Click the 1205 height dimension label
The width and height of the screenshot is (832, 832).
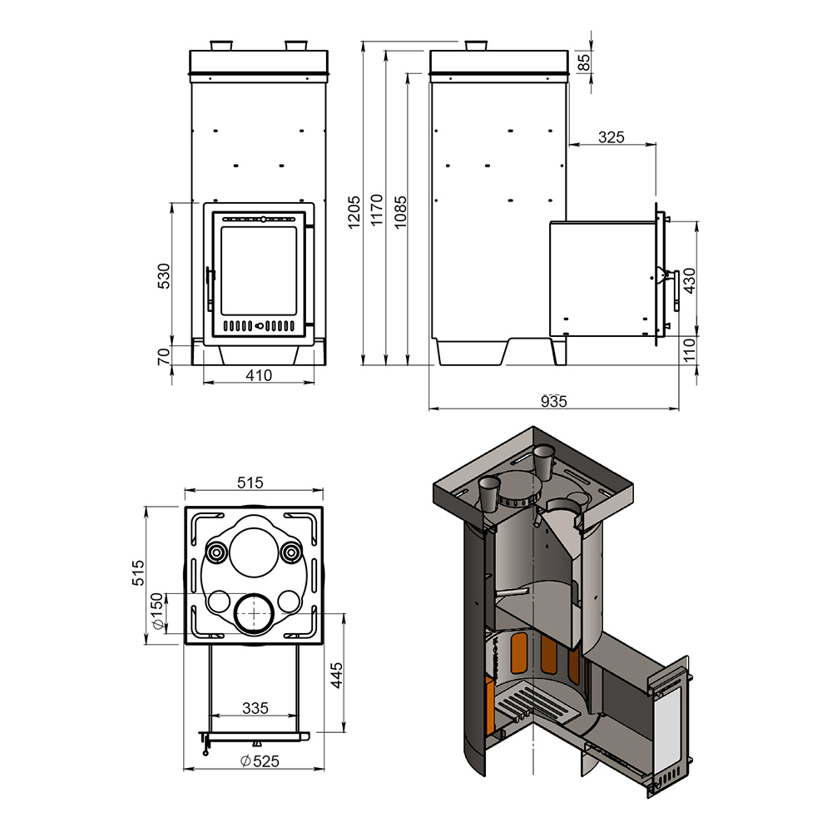pos(354,211)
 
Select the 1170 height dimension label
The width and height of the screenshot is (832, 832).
pos(377,210)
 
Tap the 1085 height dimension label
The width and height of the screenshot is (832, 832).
pos(401,211)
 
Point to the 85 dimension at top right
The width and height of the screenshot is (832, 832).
pos(584,62)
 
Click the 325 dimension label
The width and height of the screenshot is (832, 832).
pos(612,137)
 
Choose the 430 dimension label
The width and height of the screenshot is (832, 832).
pos(689,280)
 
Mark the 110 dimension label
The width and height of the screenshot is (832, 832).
pos(689,350)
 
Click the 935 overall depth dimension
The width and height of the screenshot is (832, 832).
pos(554,401)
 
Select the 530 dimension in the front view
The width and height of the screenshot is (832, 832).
pos(165,275)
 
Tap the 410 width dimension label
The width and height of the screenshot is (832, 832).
pos(259,375)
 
